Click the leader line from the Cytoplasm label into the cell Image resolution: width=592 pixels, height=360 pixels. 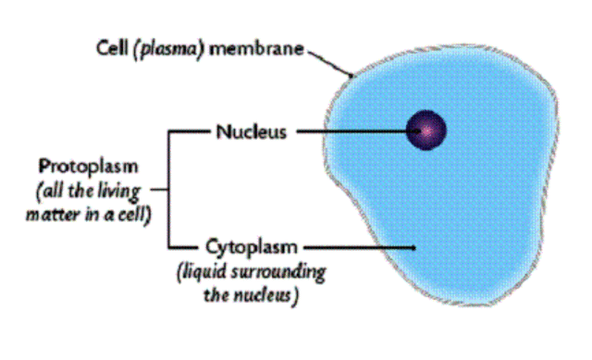coord(361,247)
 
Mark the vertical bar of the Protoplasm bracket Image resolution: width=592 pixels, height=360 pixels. coord(167,189)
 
